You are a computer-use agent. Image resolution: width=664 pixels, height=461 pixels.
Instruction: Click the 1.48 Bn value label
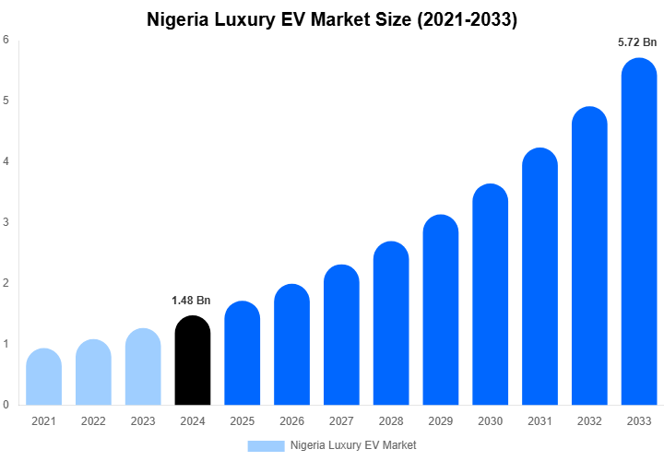tap(191, 301)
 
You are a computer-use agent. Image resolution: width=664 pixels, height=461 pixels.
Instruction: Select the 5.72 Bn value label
tap(637, 42)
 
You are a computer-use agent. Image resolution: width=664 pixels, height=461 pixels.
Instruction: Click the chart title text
tap(332, 19)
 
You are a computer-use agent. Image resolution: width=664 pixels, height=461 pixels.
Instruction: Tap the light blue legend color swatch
tap(266, 445)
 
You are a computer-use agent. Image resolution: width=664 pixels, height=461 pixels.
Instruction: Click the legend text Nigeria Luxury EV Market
tap(353, 445)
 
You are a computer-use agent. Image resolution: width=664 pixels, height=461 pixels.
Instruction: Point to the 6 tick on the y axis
tap(6, 40)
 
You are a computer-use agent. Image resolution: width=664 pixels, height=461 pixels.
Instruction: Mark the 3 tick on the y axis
tap(6, 222)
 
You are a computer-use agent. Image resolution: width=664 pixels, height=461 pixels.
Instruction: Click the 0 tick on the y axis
tap(6, 405)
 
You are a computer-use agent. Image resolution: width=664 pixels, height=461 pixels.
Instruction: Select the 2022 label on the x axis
tap(93, 421)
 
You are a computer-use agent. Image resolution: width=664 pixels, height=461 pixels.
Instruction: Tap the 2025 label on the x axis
tap(242, 421)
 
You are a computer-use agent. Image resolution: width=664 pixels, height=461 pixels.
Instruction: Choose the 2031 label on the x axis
tap(539, 421)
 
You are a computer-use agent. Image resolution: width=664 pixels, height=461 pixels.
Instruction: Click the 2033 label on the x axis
tap(639, 421)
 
